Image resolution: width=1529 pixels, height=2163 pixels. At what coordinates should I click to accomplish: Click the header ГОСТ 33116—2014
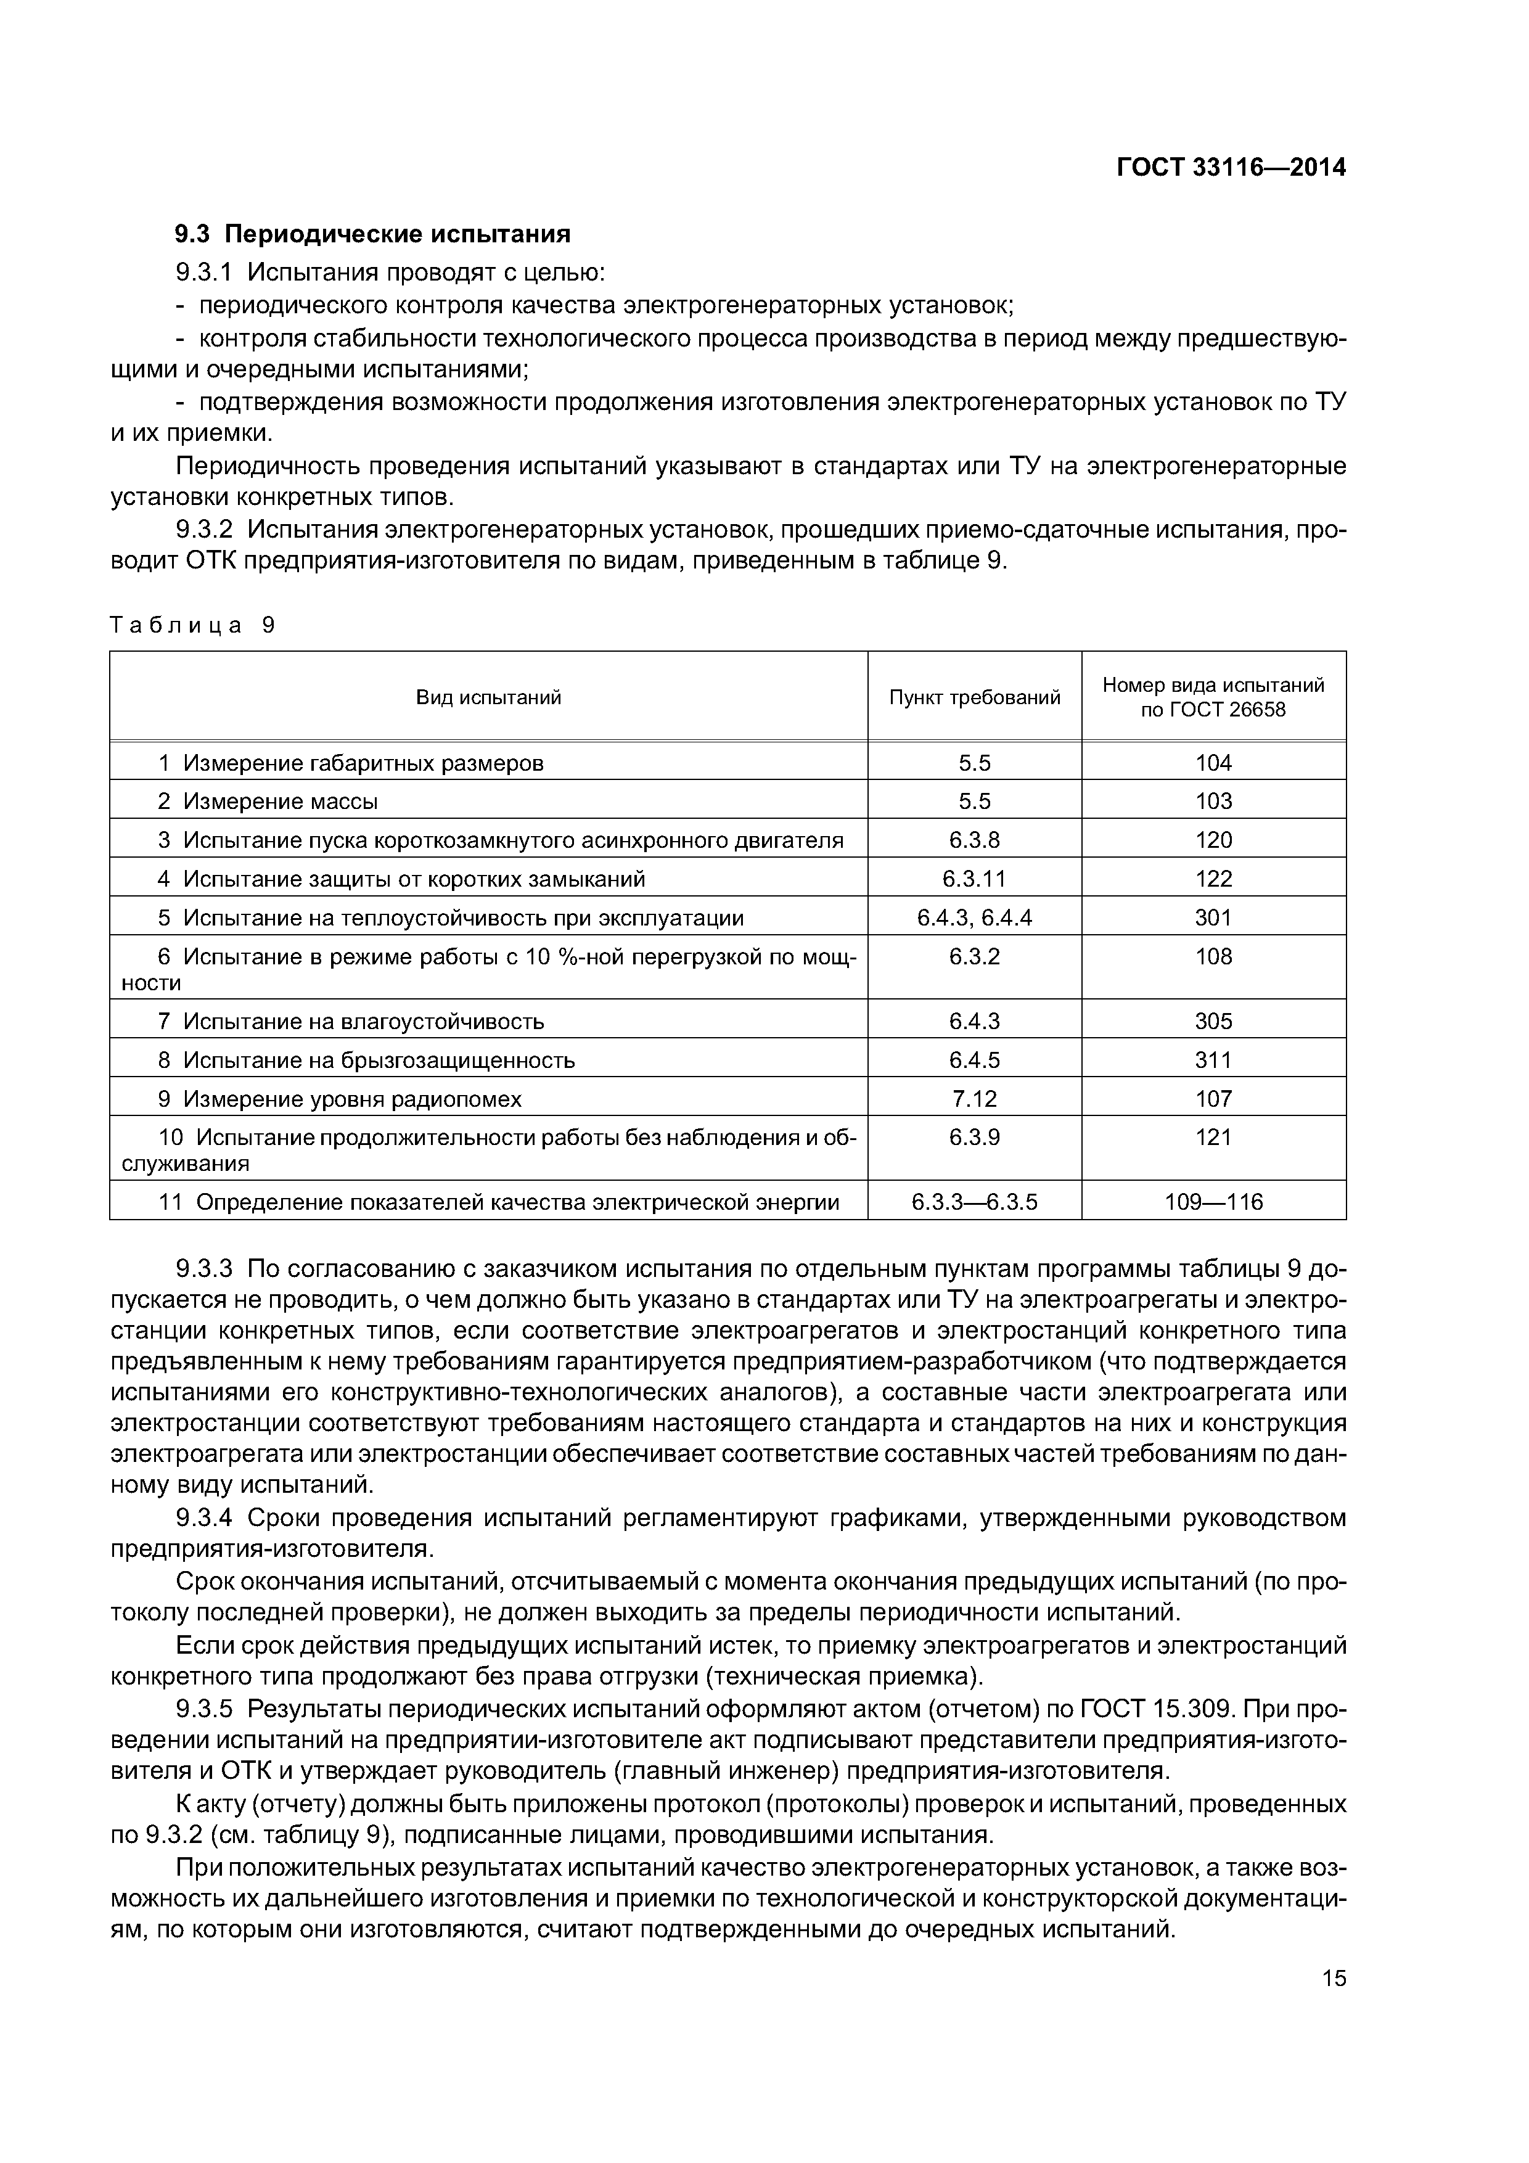[1231, 168]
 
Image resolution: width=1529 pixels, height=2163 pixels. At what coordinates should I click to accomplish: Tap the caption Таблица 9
[192, 626]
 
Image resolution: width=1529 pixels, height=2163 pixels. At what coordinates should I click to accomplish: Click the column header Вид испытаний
[488, 697]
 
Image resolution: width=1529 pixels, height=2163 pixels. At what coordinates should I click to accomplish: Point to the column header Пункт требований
[974, 697]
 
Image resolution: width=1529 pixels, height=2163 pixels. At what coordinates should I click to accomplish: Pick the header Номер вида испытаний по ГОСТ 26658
[1213, 697]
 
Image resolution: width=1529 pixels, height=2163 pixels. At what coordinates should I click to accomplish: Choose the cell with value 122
[1213, 879]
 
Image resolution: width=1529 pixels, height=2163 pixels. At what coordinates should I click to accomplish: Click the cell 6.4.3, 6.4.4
[974, 917]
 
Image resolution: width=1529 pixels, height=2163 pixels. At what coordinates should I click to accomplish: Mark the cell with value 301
[1213, 917]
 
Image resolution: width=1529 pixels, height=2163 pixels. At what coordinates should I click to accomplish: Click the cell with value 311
[1213, 1060]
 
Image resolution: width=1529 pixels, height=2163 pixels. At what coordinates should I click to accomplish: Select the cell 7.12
[974, 1099]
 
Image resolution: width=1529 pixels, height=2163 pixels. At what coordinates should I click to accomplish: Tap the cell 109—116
[1213, 1202]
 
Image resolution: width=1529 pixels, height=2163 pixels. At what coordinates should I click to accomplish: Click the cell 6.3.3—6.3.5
[974, 1202]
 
